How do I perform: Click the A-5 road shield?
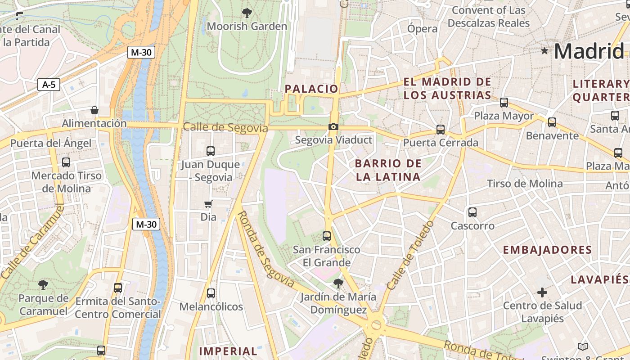49,84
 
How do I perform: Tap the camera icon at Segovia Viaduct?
333,127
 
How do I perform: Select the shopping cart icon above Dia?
208,204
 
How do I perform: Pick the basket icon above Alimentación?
94,110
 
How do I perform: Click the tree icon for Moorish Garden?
247,13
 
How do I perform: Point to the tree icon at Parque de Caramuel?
43,284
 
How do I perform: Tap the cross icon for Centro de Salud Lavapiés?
542,292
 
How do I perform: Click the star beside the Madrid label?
545,51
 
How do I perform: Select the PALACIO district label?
311,89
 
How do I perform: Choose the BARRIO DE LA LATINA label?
388,170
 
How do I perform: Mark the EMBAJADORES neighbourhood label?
547,250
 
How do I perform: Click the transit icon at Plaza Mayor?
504,103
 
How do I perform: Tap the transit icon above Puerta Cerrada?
440,130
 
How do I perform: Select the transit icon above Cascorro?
472,212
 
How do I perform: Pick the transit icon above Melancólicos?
211,293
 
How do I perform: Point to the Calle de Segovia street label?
225,128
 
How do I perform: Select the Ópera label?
422,29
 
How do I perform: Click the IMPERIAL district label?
228,351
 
